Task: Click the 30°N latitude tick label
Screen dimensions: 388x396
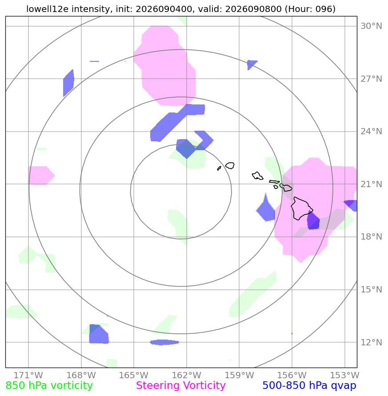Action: point(371,26)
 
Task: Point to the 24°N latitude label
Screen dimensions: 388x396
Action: point(371,131)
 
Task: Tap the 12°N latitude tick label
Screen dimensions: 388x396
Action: point(371,343)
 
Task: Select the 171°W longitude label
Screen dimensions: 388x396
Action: point(28,375)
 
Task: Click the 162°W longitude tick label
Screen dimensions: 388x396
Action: point(187,375)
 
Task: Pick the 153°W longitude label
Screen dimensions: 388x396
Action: point(345,375)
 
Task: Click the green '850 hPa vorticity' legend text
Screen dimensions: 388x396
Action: point(49,386)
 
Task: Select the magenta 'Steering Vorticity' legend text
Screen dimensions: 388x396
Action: point(180,386)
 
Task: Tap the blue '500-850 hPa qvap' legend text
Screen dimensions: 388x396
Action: point(309,386)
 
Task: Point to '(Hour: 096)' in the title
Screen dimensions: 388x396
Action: point(310,9)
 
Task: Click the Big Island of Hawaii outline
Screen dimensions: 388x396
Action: point(301,208)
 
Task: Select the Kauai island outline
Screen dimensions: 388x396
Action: point(230,166)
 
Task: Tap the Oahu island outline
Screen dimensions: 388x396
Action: point(257,176)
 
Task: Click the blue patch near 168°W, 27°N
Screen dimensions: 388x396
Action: point(68,83)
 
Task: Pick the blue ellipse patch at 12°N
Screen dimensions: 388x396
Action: point(164,342)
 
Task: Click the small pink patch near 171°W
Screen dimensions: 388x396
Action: point(41,175)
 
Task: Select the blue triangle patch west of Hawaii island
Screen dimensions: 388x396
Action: point(266,209)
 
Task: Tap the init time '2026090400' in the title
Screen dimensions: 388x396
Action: point(164,9)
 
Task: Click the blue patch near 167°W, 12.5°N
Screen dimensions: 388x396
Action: point(99,334)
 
